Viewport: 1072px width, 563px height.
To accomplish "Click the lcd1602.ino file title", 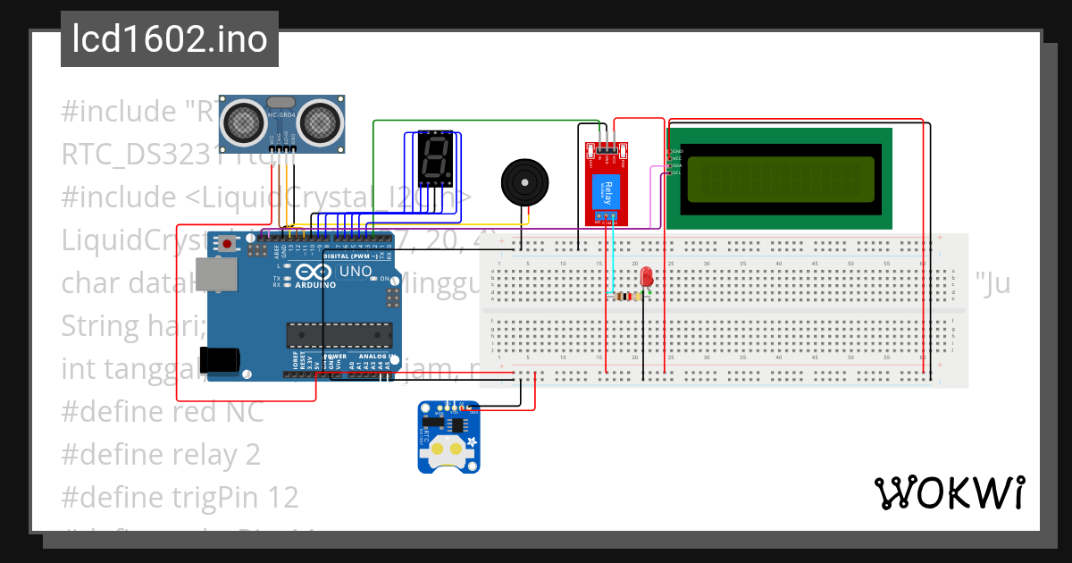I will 169,39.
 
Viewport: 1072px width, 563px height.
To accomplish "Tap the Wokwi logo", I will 949,492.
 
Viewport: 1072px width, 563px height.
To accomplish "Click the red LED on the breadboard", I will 646,278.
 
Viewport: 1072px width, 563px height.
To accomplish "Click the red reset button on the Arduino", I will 230,244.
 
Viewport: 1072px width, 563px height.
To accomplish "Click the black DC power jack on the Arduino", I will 220,359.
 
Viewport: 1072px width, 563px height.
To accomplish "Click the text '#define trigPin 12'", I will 180,497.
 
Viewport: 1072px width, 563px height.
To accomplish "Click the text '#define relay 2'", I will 161,455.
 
